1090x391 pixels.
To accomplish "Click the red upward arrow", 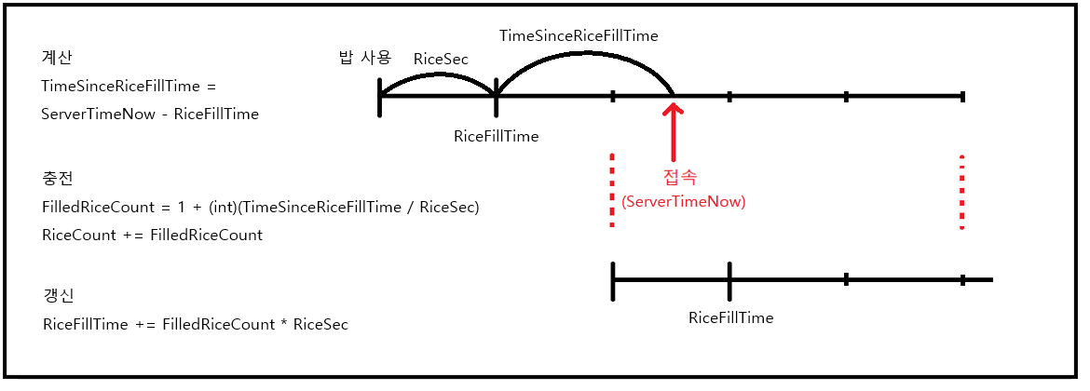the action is (x=673, y=132).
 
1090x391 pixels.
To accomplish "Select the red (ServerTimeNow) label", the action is (x=683, y=201).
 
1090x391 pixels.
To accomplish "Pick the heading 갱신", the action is (x=59, y=296).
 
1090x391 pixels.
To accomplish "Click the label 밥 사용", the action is (x=364, y=58).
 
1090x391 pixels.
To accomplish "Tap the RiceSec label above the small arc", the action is (x=441, y=59).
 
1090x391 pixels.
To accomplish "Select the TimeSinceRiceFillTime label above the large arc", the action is (x=579, y=34).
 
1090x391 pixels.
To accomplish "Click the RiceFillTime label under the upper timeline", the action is (x=497, y=136).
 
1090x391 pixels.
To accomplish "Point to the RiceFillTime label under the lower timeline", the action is (x=730, y=318).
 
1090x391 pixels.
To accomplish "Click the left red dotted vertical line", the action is (x=612, y=190).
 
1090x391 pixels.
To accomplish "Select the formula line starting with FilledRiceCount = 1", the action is (x=261, y=208).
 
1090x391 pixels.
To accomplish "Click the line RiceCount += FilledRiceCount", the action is (x=152, y=235).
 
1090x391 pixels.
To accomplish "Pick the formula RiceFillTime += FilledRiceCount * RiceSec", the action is (x=196, y=324).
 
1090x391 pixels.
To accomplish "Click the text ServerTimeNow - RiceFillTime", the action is (x=150, y=114).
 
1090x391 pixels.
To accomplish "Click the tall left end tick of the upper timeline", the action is (x=379, y=97).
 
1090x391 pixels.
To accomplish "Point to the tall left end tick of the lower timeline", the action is (x=612, y=280).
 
